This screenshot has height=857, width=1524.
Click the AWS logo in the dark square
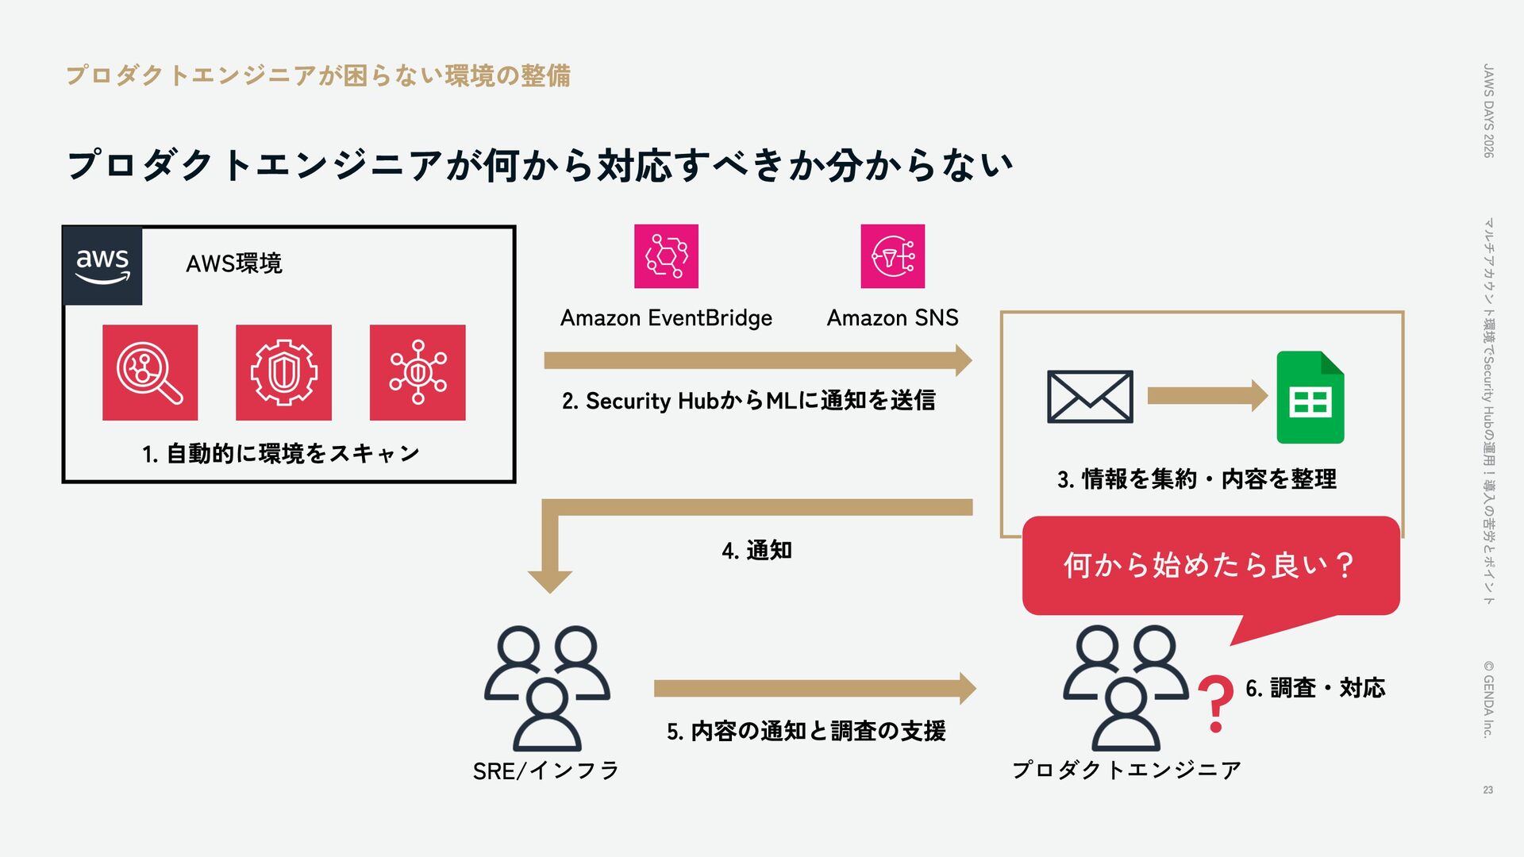tap(102, 266)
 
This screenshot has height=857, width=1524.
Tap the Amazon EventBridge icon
tap(666, 256)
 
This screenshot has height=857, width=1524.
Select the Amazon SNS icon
tap(893, 256)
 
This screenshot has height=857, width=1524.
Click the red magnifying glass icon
tap(150, 372)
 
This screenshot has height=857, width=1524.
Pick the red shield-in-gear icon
tap(283, 372)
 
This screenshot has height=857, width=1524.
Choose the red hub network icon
tap(418, 372)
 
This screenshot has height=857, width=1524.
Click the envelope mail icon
tap(1090, 397)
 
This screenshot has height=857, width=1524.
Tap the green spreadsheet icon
tap(1310, 398)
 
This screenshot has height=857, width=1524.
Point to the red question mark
tap(1215, 703)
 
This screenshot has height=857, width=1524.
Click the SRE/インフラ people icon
tap(547, 687)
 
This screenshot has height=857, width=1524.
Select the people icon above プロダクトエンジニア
tap(1126, 687)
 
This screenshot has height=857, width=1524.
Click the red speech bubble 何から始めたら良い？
tap(1210, 566)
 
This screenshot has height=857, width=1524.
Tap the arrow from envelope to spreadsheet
tap(1207, 396)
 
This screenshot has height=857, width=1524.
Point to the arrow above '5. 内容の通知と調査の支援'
tap(814, 688)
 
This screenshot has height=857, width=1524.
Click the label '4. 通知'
tap(756, 550)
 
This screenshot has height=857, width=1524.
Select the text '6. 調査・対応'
tap(1315, 688)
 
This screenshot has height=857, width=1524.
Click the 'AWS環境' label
tap(233, 263)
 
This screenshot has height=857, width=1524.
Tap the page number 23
tap(1487, 790)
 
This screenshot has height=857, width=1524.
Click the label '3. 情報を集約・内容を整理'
tap(1196, 479)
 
